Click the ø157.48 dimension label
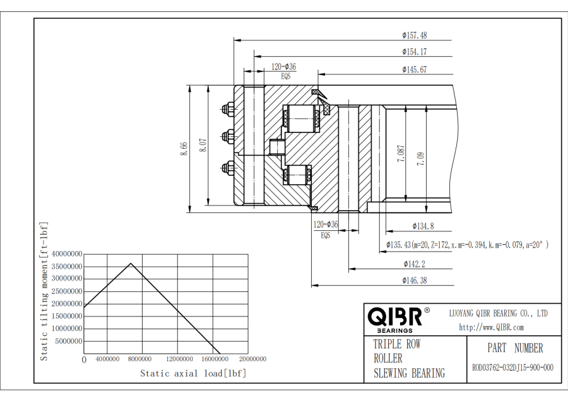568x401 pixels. click(x=414, y=35)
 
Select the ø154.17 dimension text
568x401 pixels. click(x=414, y=52)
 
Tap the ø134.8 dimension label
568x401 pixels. click(x=423, y=226)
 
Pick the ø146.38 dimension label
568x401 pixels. click(x=414, y=280)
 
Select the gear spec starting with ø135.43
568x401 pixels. click(x=467, y=244)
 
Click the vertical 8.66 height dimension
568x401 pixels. click(x=184, y=147)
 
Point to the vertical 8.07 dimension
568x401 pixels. click(x=202, y=146)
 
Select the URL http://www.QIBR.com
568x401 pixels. click(x=491, y=327)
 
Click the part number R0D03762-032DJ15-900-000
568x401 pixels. click(x=513, y=368)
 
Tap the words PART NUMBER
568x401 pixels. click(x=514, y=347)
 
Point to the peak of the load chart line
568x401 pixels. click(x=131, y=264)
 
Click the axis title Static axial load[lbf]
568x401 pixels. click(x=193, y=373)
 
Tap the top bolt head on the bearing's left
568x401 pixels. click(x=226, y=110)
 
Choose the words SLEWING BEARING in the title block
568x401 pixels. click(x=408, y=373)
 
